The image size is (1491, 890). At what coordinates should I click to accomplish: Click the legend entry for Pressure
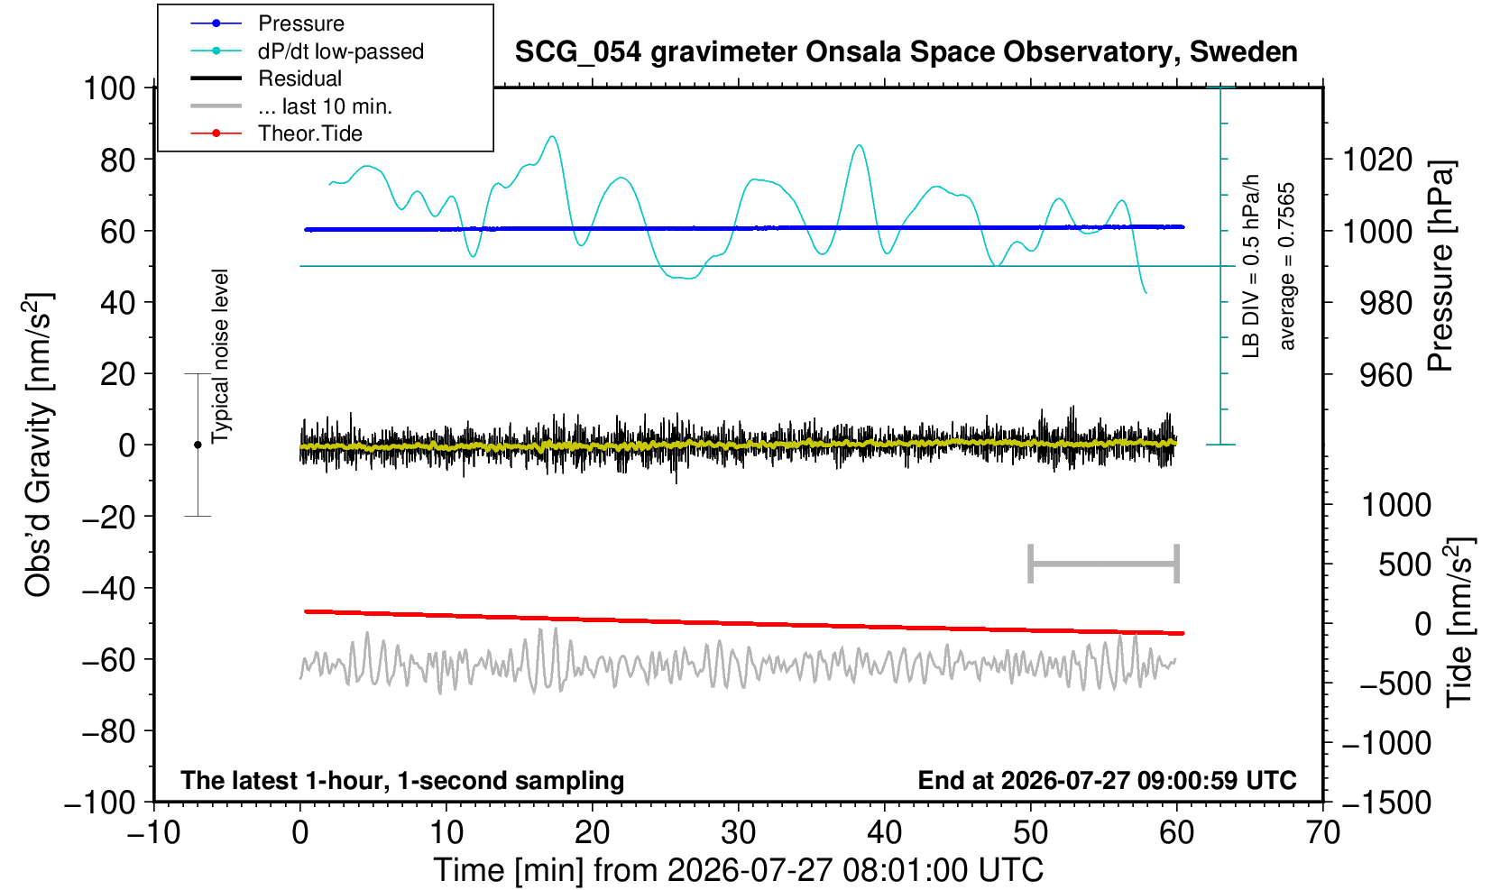tap(301, 23)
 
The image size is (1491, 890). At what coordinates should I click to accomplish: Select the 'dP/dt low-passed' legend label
tap(341, 51)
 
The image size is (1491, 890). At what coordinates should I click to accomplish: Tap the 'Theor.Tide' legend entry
tap(310, 133)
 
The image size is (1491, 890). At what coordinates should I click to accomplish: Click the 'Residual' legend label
tap(299, 78)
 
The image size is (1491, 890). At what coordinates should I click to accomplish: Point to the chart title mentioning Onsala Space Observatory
tap(906, 51)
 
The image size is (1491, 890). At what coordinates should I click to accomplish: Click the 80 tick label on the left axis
tap(118, 160)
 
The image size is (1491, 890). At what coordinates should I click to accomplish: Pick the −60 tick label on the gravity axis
tap(108, 660)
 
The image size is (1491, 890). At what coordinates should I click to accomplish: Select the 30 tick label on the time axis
tap(738, 832)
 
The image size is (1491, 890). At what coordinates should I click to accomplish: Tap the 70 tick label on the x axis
tap(1322, 832)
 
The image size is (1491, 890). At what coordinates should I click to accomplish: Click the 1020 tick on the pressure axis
tap(1376, 160)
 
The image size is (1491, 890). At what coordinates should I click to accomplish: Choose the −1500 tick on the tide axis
tap(1386, 803)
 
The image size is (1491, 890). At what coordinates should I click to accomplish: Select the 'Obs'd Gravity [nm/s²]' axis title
tap(37, 445)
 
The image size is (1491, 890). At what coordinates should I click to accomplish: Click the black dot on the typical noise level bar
tap(198, 445)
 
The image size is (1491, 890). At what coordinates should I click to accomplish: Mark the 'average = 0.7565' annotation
tap(1286, 266)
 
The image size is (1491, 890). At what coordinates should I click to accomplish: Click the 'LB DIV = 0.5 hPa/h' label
tap(1251, 266)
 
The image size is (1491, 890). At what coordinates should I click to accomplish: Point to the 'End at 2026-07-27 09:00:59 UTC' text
tap(1107, 780)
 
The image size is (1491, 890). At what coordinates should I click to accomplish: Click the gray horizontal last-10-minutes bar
tap(1104, 564)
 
